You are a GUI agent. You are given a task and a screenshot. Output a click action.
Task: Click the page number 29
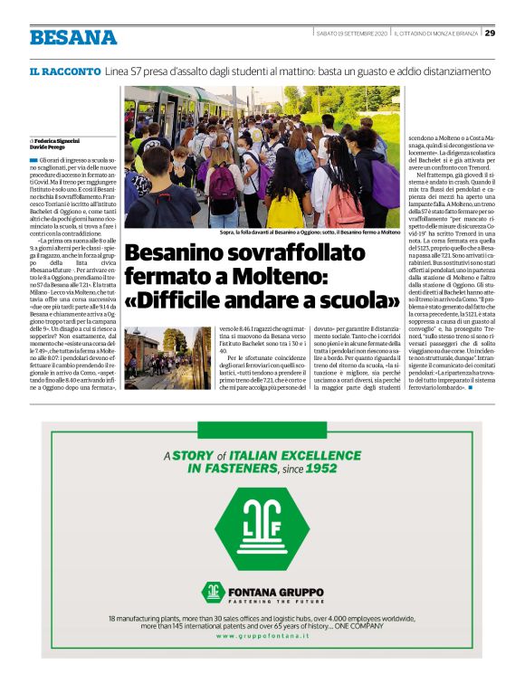490,33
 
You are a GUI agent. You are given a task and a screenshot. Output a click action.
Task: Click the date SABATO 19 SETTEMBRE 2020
351,33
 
